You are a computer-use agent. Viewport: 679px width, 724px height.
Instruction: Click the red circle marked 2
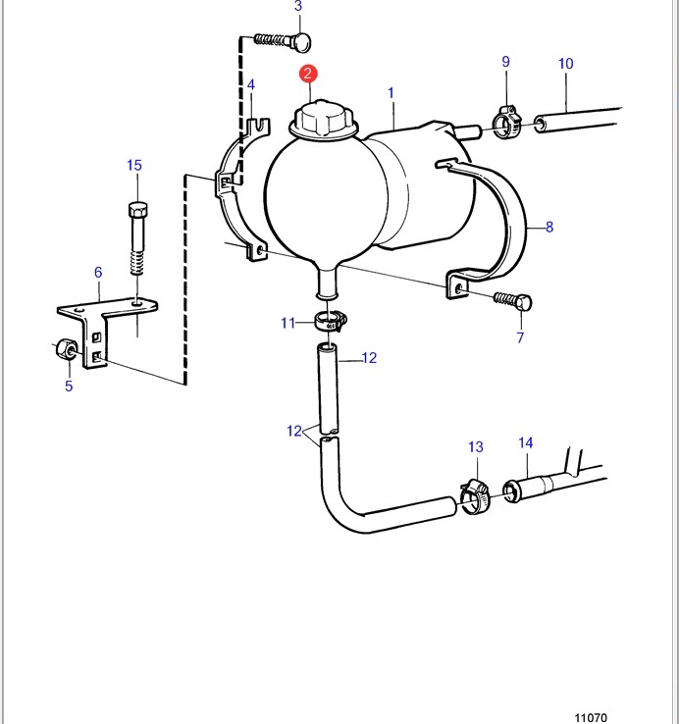308,74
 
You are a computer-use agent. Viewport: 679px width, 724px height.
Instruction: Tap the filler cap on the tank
324,119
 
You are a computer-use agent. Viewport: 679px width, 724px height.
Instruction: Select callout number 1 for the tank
391,93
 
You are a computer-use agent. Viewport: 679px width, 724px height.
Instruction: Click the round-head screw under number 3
283,40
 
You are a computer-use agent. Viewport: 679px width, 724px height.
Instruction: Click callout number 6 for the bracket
98,272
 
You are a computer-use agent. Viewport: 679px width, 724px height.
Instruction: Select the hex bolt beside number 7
513,300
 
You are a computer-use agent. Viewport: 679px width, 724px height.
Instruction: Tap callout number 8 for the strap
549,227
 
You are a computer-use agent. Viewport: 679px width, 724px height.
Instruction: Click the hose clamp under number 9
506,122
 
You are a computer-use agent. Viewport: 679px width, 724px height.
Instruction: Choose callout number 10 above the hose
566,63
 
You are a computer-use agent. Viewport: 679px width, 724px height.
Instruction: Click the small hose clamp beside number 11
330,321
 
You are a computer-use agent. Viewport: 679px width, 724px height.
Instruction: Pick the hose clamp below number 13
474,496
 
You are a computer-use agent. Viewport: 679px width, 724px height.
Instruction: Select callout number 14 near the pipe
526,442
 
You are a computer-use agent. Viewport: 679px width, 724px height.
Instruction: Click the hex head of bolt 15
137,211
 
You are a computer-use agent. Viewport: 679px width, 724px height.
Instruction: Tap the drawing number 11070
591,717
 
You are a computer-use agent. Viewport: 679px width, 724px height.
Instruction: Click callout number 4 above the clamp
251,85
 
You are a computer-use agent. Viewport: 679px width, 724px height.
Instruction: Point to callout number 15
134,165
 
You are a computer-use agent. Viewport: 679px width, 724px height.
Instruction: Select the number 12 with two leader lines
294,431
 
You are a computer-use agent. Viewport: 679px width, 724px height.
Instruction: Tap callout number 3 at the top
298,6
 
